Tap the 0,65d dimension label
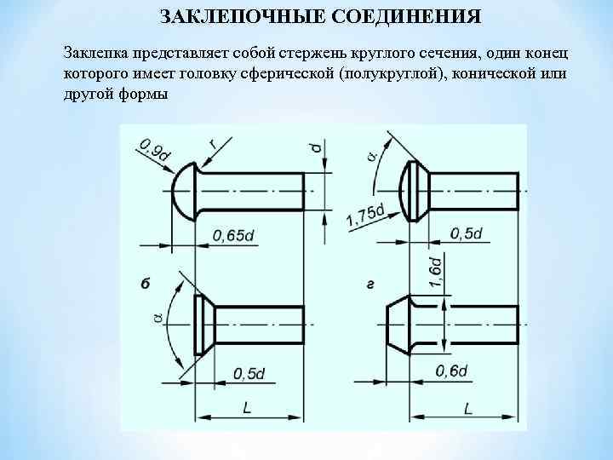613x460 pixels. coord(233,235)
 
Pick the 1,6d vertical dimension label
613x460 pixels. coord(434,271)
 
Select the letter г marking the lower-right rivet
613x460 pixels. coord(370,282)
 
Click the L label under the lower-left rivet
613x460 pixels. coord(246,408)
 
